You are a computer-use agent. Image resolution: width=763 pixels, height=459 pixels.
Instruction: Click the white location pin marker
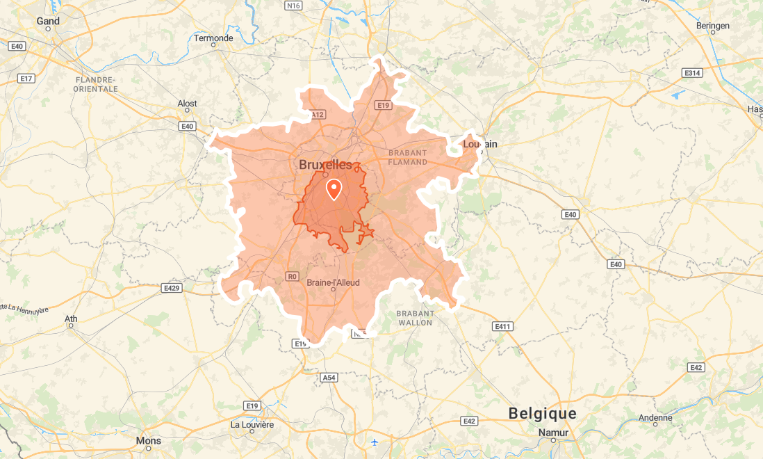[x=334, y=188]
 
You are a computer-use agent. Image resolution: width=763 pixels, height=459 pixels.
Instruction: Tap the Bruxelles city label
[x=325, y=165]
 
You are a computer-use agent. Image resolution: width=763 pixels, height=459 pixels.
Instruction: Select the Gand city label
[x=48, y=21]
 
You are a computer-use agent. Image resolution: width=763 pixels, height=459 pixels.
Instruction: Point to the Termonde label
[x=213, y=38]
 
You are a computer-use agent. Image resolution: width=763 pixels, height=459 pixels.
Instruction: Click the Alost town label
[x=187, y=104]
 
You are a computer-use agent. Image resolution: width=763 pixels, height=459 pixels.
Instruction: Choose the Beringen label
[x=713, y=26]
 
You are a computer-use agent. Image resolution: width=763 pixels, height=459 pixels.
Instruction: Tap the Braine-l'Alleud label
[x=333, y=282]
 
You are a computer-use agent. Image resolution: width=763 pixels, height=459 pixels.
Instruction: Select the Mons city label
[x=148, y=440]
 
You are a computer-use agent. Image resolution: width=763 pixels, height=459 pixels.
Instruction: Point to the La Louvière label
[x=252, y=424]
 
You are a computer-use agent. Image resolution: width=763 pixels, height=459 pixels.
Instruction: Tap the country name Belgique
[x=543, y=413]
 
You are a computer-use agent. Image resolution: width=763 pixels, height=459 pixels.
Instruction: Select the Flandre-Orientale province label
[x=96, y=84]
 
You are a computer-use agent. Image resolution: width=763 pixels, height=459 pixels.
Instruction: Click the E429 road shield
[x=172, y=287]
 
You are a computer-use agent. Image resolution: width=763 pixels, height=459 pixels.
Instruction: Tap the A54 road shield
[x=329, y=378]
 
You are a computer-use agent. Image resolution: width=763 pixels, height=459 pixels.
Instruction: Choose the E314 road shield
[x=691, y=73]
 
